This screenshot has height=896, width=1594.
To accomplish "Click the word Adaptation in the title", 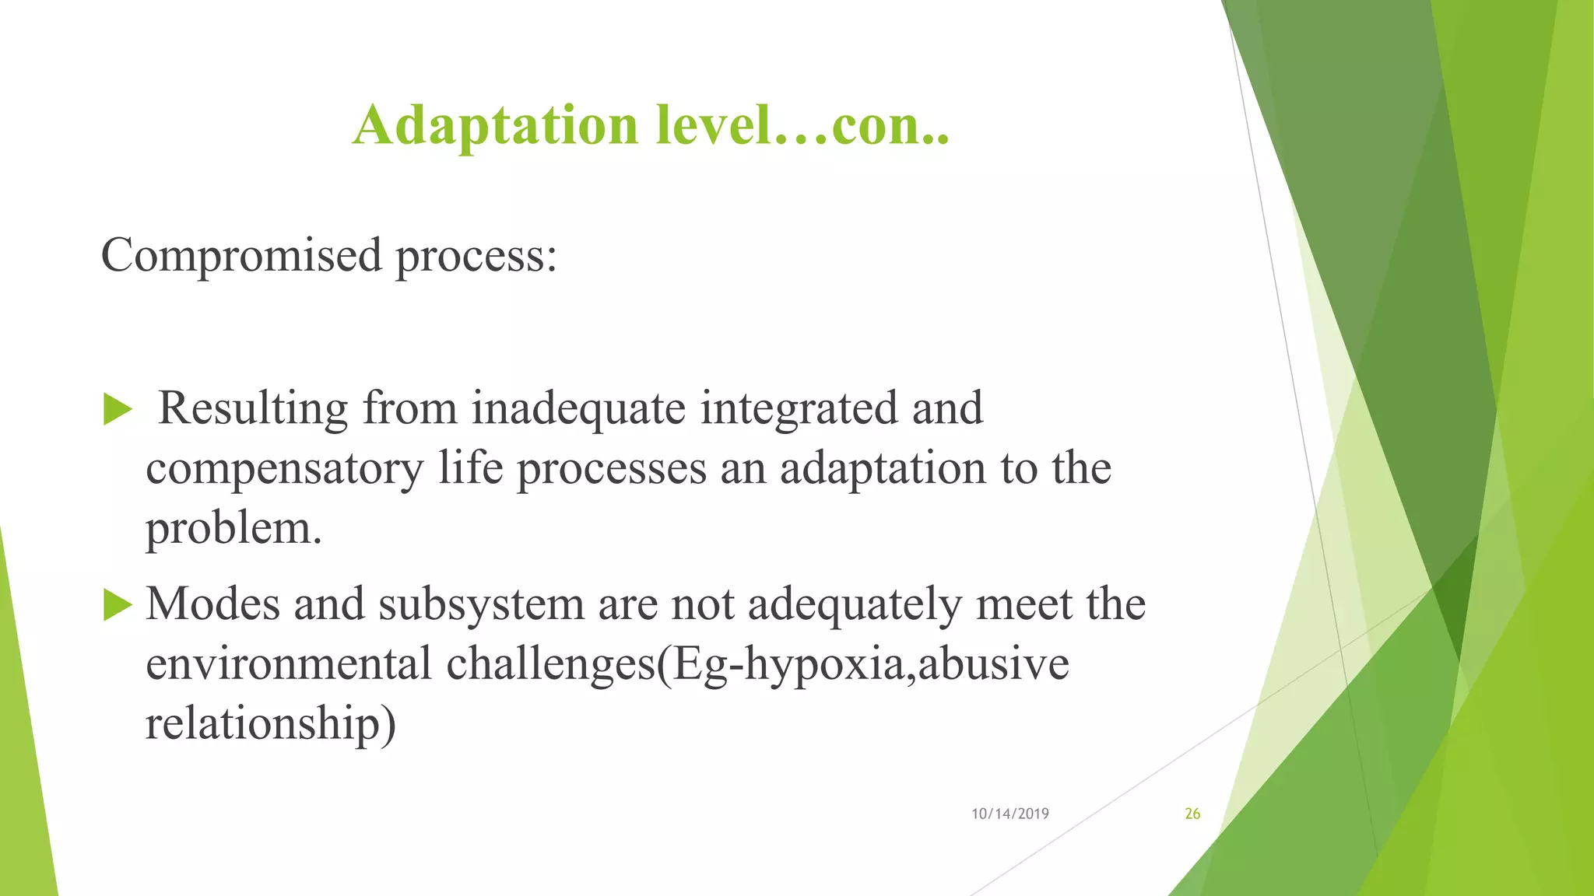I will (495, 126).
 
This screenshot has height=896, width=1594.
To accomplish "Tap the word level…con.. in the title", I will (802, 126).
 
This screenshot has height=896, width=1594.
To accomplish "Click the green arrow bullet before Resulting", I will (118, 409).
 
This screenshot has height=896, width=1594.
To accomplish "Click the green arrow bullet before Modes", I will (118, 604).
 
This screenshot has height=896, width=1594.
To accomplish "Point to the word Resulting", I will (253, 410).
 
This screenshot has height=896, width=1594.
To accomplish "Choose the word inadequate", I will (578, 410).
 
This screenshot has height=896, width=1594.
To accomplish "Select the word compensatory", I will (284, 470).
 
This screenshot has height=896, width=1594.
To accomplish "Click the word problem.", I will (233, 530).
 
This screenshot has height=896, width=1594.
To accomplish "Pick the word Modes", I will (212, 604).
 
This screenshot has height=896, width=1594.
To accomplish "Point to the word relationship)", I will (271, 724).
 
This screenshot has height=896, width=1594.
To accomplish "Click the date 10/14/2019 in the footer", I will (1009, 814).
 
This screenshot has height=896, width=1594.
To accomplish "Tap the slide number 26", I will (1192, 814).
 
